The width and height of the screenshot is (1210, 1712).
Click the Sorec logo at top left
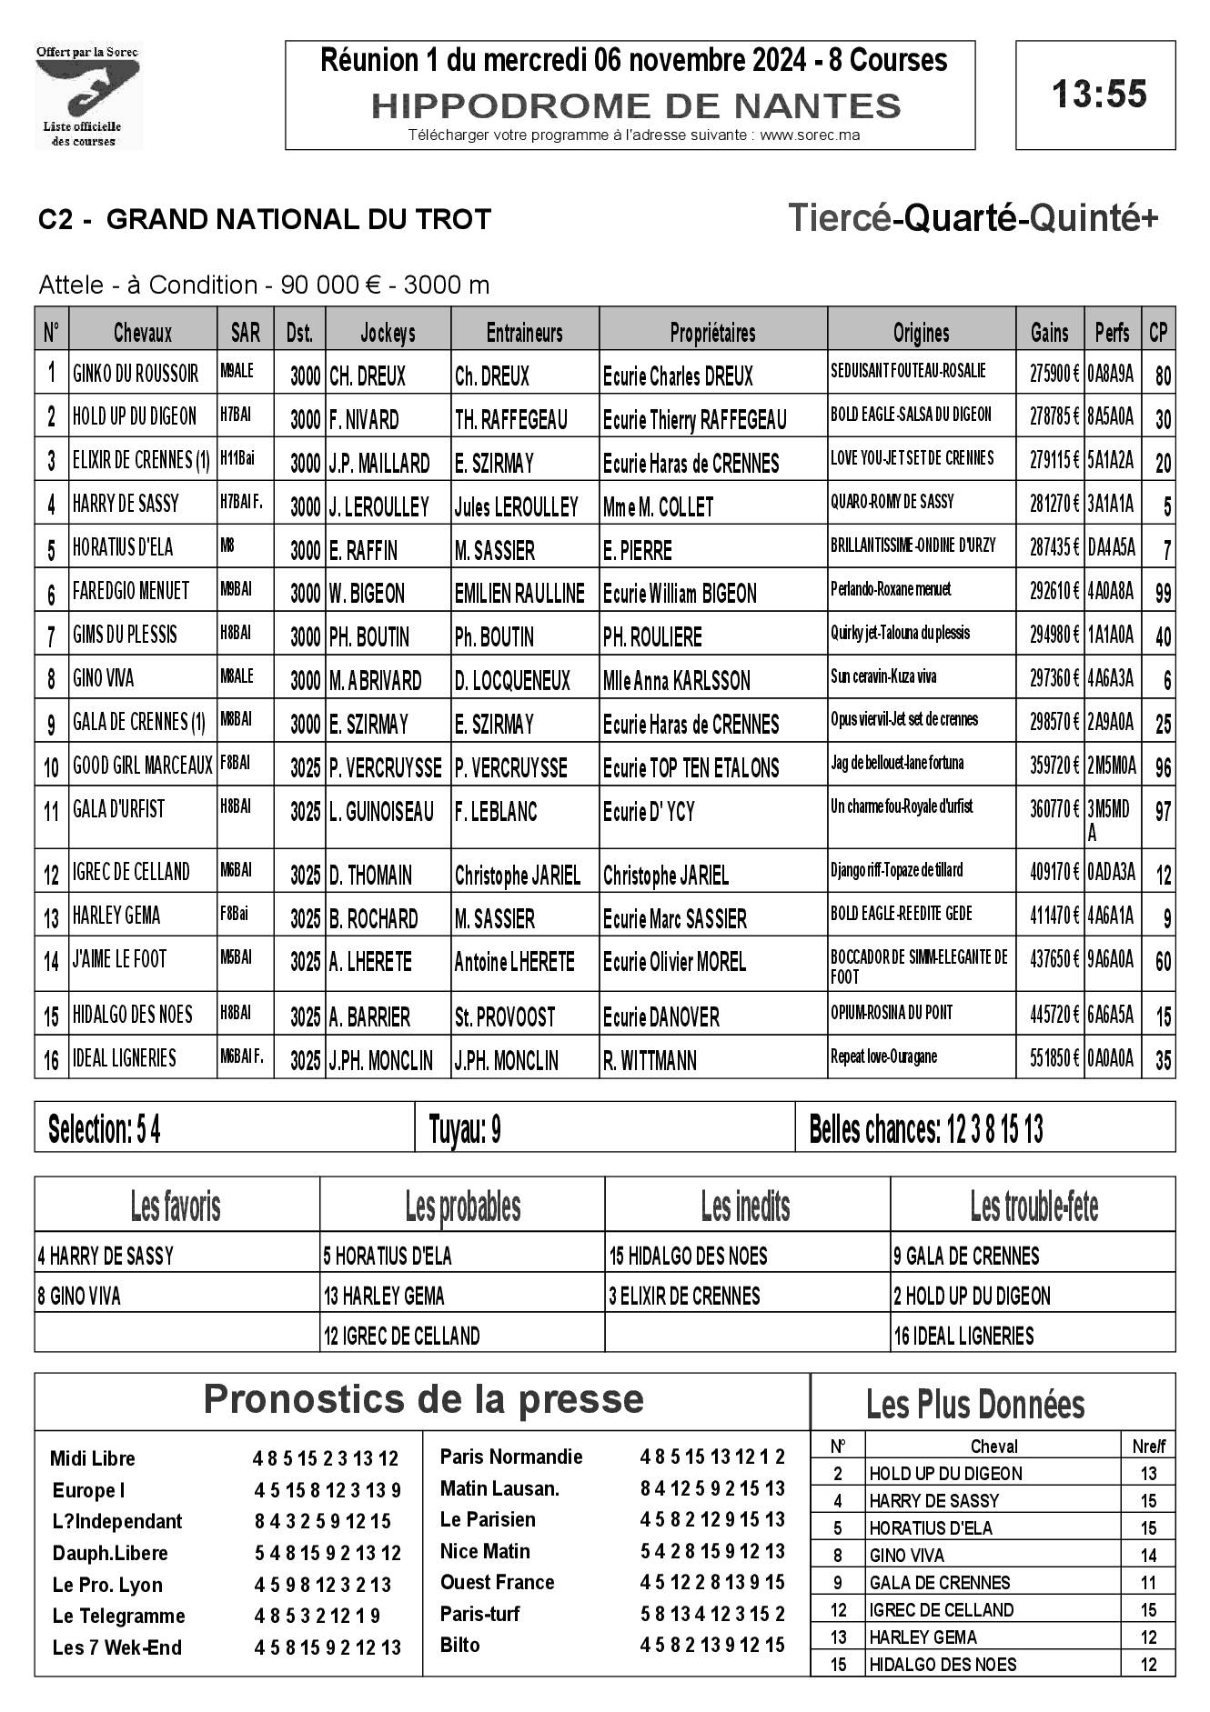click(x=88, y=95)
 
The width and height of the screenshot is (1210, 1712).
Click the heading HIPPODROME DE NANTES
click(x=636, y=106)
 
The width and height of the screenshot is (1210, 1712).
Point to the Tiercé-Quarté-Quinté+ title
click(x=973, y=219)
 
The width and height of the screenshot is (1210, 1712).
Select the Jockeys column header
click(x=388, y=333)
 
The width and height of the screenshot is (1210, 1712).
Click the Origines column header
click(x=921, y=333)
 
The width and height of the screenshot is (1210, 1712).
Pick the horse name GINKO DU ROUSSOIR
click(x=136, y=374)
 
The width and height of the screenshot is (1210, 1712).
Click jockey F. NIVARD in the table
click(x=364, y=419)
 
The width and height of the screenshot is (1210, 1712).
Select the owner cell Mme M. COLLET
click(x=658, y=506)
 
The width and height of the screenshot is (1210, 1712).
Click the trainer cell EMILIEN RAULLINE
click(x=519, y=594)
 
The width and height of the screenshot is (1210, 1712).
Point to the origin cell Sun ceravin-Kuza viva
click(x=883, y=676)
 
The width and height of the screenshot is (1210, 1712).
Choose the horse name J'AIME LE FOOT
click(x=120, y=959)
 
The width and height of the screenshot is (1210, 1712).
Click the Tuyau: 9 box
click(x=465, y=1129)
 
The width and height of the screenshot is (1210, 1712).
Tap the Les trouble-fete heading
click(x=1034, y=1206)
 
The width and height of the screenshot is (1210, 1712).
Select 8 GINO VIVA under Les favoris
click(x=79, y=1296)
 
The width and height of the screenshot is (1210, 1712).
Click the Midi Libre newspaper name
click(x=93, y=1458)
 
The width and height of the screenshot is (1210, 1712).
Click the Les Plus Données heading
click(x=975, y=1405)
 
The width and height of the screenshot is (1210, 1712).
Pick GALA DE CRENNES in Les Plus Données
click(x=940, y=1582)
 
